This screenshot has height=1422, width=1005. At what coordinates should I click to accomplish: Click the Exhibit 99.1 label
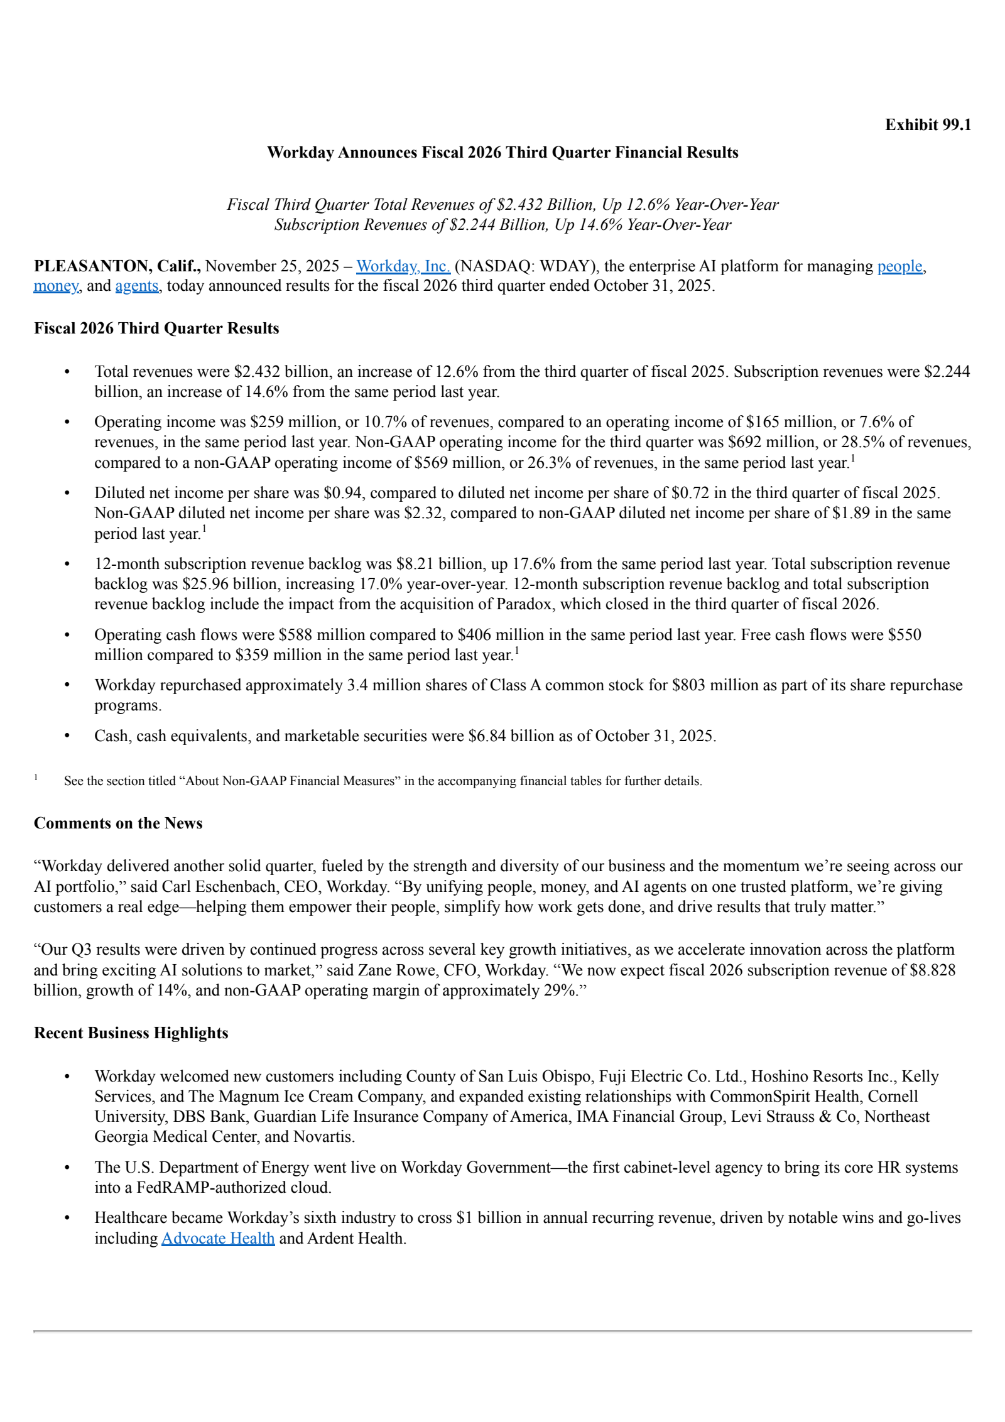tap(927, 125)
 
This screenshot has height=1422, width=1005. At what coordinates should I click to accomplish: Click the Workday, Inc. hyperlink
tap(403, 266)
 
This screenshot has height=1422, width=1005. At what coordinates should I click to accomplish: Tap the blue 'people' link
tap(899, 266)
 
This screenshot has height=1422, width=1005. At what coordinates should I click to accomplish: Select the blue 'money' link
tap(56, 286)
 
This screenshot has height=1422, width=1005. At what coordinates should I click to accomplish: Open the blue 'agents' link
tap(137, 286)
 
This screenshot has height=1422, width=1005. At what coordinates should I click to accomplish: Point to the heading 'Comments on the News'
tap(118, 823)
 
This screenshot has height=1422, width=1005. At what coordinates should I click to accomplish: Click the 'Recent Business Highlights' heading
tap(131, 1033)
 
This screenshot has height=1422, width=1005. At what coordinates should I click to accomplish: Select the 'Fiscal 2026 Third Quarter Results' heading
tap(156, 328)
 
